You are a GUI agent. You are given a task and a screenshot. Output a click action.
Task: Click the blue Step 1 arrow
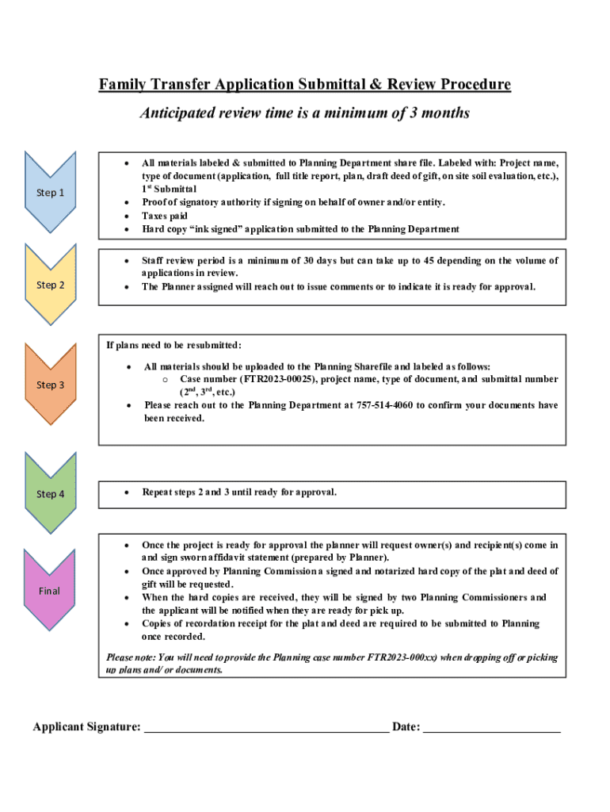coord(50,193)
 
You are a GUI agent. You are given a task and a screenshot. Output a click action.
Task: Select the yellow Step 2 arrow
coord(50,285)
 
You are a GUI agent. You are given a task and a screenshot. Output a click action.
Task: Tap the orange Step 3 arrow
coord(50,385)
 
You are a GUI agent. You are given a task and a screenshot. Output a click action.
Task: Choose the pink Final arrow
coord(50,591)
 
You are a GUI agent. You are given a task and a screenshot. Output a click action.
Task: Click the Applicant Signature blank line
coord(265,726)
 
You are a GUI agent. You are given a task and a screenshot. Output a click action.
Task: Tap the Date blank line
coord(492,726)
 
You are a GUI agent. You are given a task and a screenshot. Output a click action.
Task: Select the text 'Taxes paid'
coord(165,216)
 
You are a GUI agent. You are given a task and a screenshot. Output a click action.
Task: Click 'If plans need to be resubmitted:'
coord(174,345)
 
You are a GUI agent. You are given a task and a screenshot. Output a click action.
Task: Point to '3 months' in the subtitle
coord(440,113)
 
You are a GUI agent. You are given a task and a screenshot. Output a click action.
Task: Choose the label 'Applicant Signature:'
coord(86,727)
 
